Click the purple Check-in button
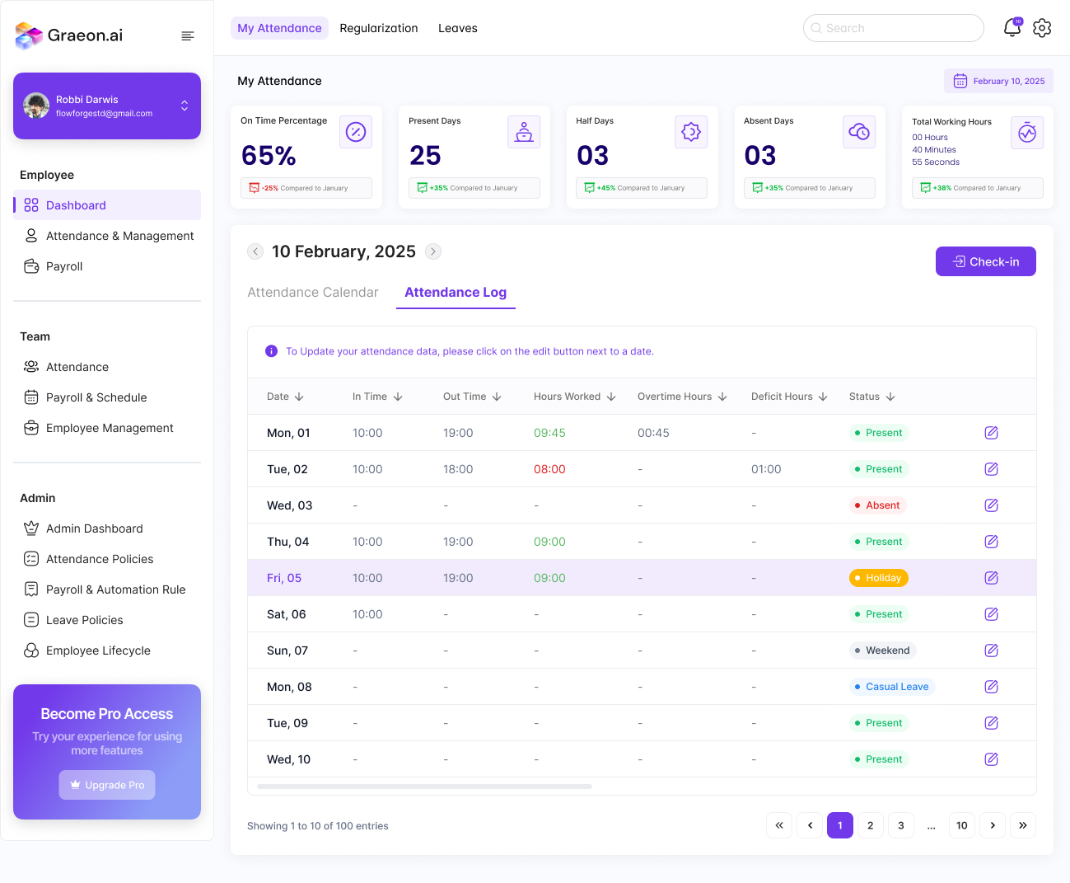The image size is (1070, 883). tap(985, 261)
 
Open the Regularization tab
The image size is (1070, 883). tap(379, 28)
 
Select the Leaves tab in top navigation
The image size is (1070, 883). tap(457, 28)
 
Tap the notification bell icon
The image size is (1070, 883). tap(1012, 28)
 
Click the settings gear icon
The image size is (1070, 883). tap(1042, 28)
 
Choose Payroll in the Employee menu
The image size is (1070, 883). tap(64, 266)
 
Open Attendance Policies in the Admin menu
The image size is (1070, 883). tap(100, 559)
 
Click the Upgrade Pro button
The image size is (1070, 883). tap(107, 785)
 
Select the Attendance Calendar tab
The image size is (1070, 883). tap(313, 293)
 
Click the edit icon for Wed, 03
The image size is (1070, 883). tap(991, 505)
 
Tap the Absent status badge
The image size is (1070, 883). tap(878, 505)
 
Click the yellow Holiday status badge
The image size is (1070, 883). tap(878, 578)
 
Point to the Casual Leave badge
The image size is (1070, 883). tap(892, 687)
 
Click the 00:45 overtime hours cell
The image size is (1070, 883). tap(653, 433)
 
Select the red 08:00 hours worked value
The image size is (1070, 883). tap(549, 469)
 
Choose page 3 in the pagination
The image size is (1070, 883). tap(900, 825)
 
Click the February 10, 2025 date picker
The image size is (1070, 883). tap(999, 81)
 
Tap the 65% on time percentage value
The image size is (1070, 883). tap(269, 155)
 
